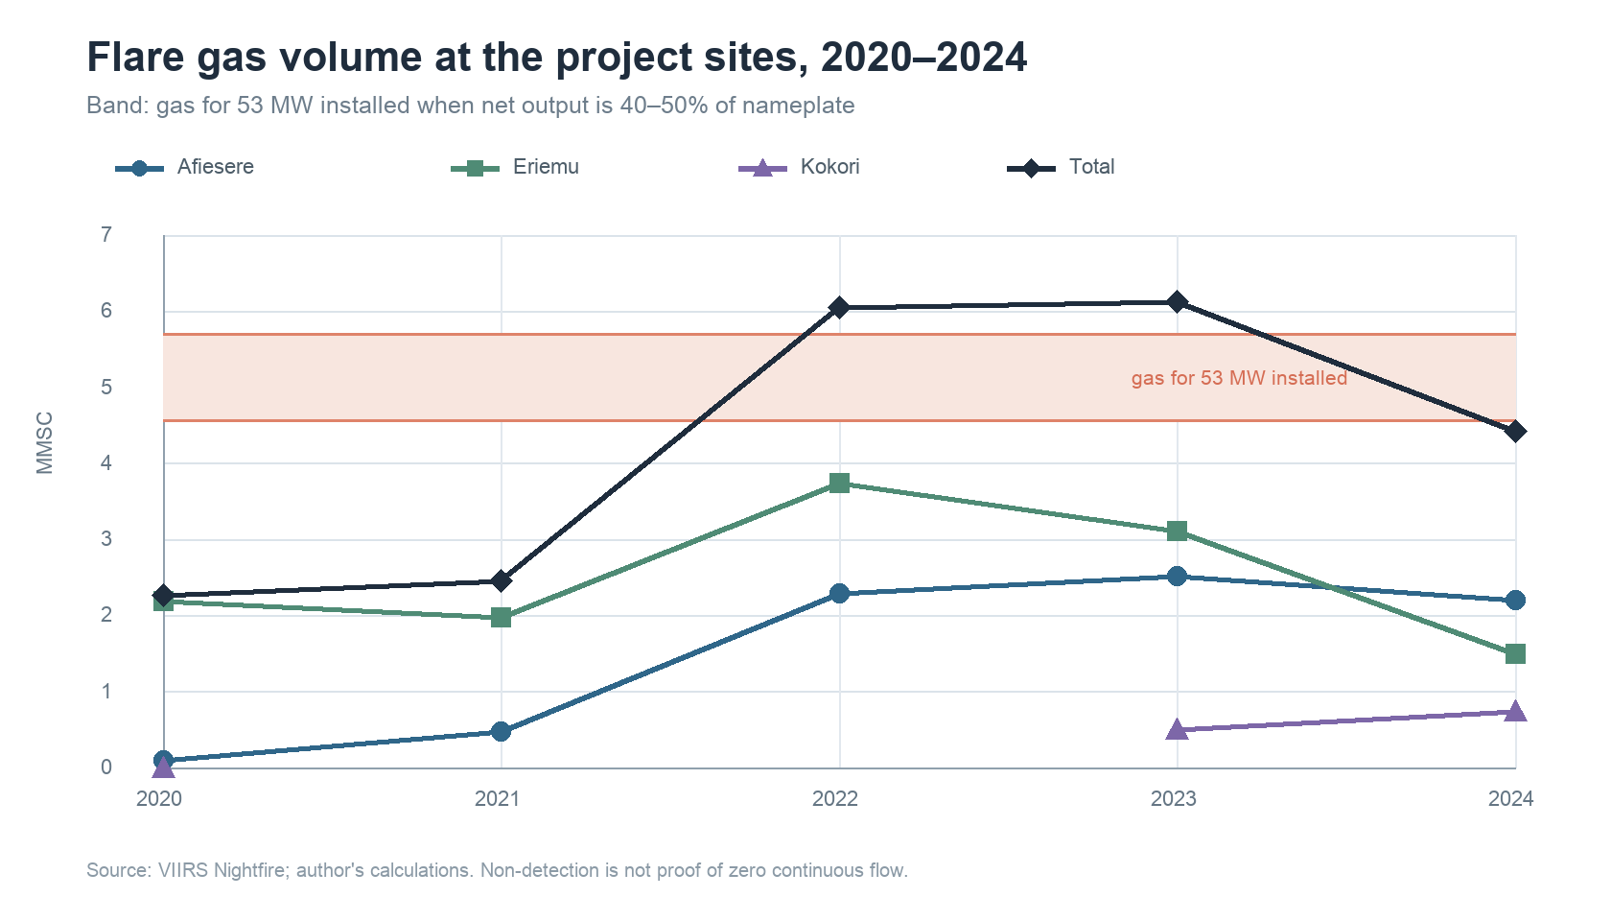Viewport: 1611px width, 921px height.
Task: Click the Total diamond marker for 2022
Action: (838, 307)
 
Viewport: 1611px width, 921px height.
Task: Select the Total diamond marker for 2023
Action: (1177, 301)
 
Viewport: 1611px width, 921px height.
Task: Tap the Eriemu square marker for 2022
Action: (838, 483)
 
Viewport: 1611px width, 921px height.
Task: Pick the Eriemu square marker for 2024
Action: (1515, 653)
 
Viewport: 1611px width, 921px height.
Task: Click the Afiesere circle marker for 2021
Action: (502, 732)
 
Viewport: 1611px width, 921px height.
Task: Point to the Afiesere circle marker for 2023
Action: (1177, 577)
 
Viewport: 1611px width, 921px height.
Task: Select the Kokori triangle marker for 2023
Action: (1177, 729)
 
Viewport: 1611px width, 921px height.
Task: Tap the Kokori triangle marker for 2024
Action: (1515, 712)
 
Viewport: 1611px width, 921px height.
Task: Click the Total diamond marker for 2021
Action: (502, 580)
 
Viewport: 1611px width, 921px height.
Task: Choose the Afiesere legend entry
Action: (185, 168)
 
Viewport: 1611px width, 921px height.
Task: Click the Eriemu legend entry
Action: (515, 168)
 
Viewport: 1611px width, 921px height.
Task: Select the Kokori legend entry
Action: (799, 168)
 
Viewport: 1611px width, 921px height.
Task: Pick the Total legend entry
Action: (1061, 168)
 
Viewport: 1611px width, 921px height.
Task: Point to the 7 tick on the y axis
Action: (106, 235)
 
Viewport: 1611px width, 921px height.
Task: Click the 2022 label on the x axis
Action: (835, 798)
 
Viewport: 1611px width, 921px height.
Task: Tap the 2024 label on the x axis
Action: (1511, 798)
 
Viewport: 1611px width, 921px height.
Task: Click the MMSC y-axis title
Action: (44, 442)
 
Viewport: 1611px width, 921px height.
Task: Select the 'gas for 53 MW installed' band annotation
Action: (1239, 378)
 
